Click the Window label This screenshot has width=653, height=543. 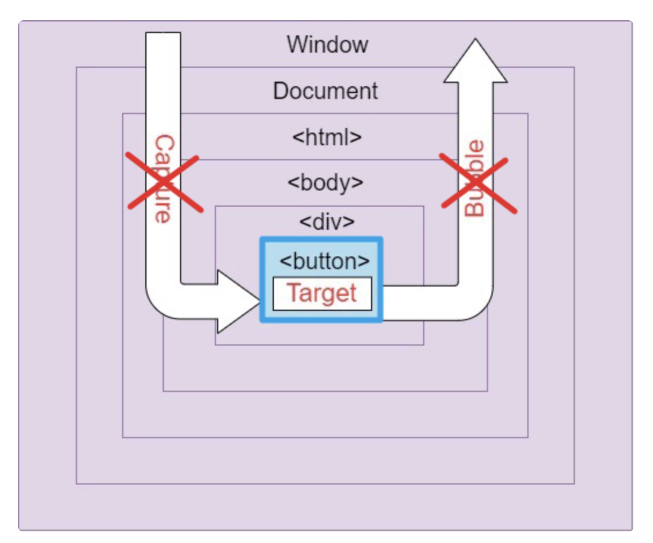pos(327,45)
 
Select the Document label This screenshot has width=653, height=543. pos(325,91)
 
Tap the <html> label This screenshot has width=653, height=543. pos(326,138)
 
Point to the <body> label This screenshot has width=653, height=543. pos(325,183)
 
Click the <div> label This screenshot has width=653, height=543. pos(326,222)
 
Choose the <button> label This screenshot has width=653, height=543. pos(324,261)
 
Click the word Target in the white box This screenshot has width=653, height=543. pos(322,293)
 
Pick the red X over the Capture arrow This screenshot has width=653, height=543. pos(164,182)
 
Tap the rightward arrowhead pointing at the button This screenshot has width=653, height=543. pos(237,302)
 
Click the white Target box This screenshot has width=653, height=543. pos(322,293)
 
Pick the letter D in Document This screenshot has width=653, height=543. pos(281,91)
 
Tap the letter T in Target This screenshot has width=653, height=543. pos(293,293)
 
